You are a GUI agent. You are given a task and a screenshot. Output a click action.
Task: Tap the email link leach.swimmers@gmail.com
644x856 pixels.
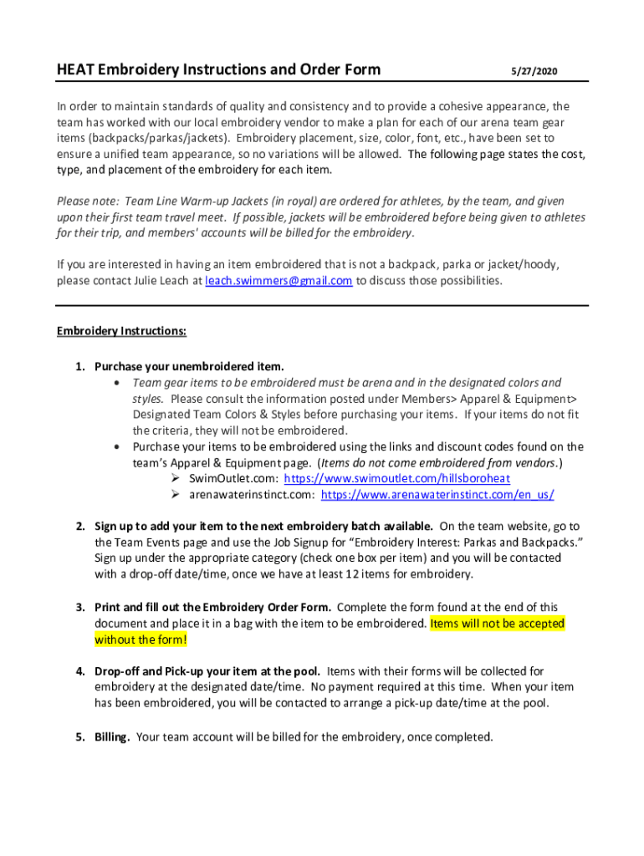279,281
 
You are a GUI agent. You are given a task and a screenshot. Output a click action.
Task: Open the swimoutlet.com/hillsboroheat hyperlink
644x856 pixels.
396,478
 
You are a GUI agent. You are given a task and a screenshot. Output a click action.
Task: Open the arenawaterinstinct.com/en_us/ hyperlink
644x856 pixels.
437,494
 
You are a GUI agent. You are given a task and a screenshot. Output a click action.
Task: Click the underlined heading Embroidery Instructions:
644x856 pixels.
121,331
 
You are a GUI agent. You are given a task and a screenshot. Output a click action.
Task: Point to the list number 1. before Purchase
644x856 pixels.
80,366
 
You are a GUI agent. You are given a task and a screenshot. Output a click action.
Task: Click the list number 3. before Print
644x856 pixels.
80,607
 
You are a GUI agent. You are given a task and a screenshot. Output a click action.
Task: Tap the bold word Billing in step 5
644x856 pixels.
111,736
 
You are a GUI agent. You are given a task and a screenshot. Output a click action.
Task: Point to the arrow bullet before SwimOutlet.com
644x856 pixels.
176,478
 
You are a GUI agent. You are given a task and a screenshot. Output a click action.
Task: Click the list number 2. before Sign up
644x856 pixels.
80,527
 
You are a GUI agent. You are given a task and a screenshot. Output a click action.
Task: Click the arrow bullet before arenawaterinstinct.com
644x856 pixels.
176,494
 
